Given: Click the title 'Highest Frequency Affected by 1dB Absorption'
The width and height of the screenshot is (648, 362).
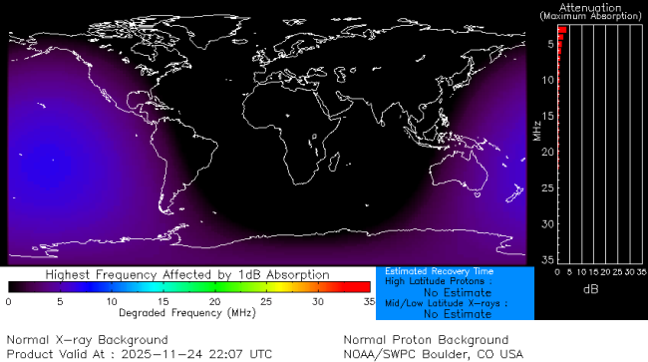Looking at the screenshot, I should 187,274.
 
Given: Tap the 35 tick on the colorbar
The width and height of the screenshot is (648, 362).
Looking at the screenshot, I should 368,300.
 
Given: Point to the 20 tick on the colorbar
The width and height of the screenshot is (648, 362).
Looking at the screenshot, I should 214,300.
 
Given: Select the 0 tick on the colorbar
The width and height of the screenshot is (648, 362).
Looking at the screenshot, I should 9,300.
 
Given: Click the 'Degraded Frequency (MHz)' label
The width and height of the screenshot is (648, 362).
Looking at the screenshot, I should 187,312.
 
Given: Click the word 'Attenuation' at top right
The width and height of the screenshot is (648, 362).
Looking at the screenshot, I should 590,7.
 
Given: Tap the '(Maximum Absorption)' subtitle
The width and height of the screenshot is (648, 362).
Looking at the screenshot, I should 590,17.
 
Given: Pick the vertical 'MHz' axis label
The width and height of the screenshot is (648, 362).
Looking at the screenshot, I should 536,130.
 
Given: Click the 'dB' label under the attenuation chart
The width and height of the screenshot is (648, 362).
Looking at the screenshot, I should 590,288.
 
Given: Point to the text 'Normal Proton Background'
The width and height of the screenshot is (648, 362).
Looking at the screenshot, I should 426,340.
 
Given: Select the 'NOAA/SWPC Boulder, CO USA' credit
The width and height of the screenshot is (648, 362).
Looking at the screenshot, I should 433,354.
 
